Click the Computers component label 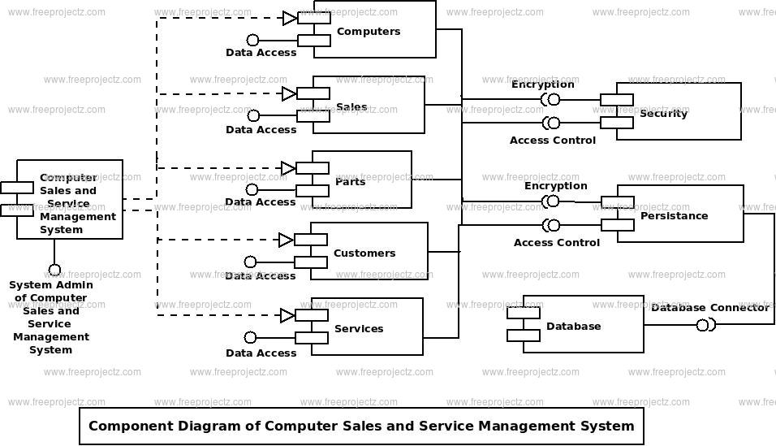pyautogui.click(x=369, y=32)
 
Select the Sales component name pyautogui.click(x=351, y=107)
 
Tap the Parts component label pyautogui.click(x=351, y=182)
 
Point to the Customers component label pyautogui.click(x=364, y=253)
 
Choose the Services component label pyautogui.click(x=359, y=328)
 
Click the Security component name pyautogui.click(x=664, y=114)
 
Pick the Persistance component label pyautogui.click(x=674, y=216)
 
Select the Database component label pyautogui.click(x=574, y=326)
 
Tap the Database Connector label pyautogui.click(x=710, y=308)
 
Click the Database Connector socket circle pyautogui.click(x=703, y=325)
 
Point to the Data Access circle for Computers pyautogui.click(x=253, y=40)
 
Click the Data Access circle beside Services pyautogui.click(x=251, y=337)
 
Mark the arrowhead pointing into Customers pyautogui.click(x=286, y=240)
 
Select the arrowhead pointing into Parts pyautogui.click(x=288, y=168)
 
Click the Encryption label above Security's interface pyautogui.click(x=543, y=84)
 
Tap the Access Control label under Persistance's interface pyautogui.click(x=557, y=243)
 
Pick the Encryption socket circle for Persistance pyautogui.click(x=553, y=201)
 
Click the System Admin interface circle pyautogui.click(x=54, y=270)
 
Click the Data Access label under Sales pyautogui.click(x=261, y=130)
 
